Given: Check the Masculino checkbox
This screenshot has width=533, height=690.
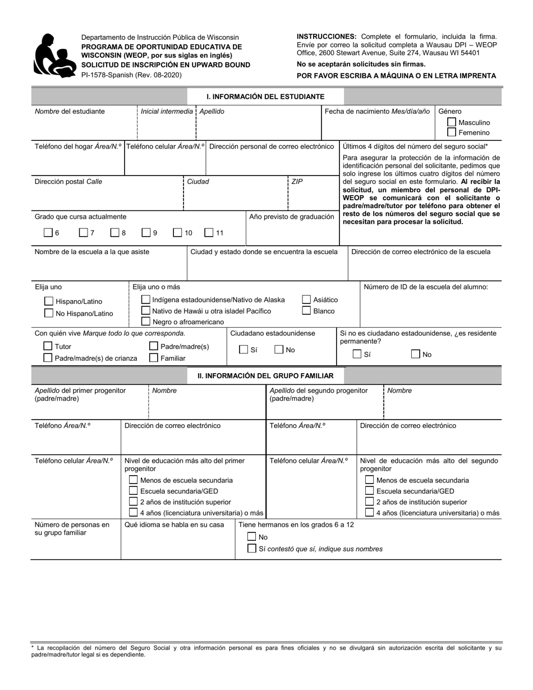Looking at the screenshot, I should [452, 122].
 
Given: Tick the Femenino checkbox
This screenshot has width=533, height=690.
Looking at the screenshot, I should [452, 133].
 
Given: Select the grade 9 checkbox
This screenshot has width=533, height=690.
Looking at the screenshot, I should [146, 233].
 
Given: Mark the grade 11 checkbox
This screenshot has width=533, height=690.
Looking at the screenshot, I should [209, 233].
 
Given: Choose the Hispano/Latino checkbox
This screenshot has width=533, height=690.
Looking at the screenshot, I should [49, 302].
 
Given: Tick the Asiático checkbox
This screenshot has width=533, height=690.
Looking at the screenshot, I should [307, 300].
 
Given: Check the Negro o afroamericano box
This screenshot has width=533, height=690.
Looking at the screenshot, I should [146, 321].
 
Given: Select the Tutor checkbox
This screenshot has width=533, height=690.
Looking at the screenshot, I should [48, 347].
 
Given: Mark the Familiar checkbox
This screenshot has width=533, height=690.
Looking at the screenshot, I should [154, 358].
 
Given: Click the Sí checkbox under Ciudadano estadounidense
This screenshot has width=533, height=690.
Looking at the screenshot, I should [243, 350].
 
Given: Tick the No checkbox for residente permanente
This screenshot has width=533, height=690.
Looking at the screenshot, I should [416, 354].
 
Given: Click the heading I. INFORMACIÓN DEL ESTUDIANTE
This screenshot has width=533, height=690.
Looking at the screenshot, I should [258, 97].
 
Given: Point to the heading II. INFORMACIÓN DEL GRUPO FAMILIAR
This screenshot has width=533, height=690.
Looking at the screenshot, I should [265, 376].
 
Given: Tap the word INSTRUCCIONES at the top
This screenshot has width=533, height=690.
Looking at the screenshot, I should [326, 36].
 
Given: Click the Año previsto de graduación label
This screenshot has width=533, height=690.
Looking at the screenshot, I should [291, 217].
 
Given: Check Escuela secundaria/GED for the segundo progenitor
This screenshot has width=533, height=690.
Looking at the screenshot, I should [370, 491].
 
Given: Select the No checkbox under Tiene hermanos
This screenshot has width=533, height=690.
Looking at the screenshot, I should [252, 537].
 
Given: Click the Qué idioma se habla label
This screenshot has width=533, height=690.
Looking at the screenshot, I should [174, 525].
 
